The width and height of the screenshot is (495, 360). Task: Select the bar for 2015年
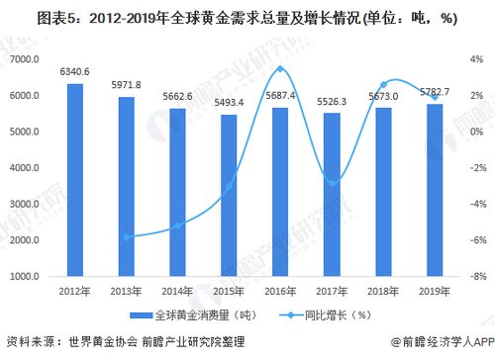click(x=229, y=196)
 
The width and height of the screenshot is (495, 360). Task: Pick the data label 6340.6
click(x=75, y=71)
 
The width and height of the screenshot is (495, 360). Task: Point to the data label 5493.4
click(x=229, y=103)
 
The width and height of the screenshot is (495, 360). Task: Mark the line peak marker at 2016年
click(x=280, y=69)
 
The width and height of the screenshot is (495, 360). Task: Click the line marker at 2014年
click(x=178, y=225)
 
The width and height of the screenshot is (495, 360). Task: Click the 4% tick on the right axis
click(x=476, y=60)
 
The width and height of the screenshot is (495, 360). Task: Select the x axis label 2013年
click(x=127, y=291)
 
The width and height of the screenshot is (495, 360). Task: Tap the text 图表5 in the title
click(x=26, y=18)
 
